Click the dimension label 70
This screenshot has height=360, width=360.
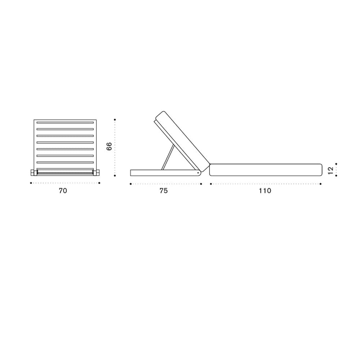63,191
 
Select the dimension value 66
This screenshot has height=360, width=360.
109,147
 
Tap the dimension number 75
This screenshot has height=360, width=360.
164,191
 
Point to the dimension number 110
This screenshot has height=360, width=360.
265,191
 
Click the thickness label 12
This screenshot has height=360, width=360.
330,171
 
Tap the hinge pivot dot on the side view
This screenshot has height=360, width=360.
198,172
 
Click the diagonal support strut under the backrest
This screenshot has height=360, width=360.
168,157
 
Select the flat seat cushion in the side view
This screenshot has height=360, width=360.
266,170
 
